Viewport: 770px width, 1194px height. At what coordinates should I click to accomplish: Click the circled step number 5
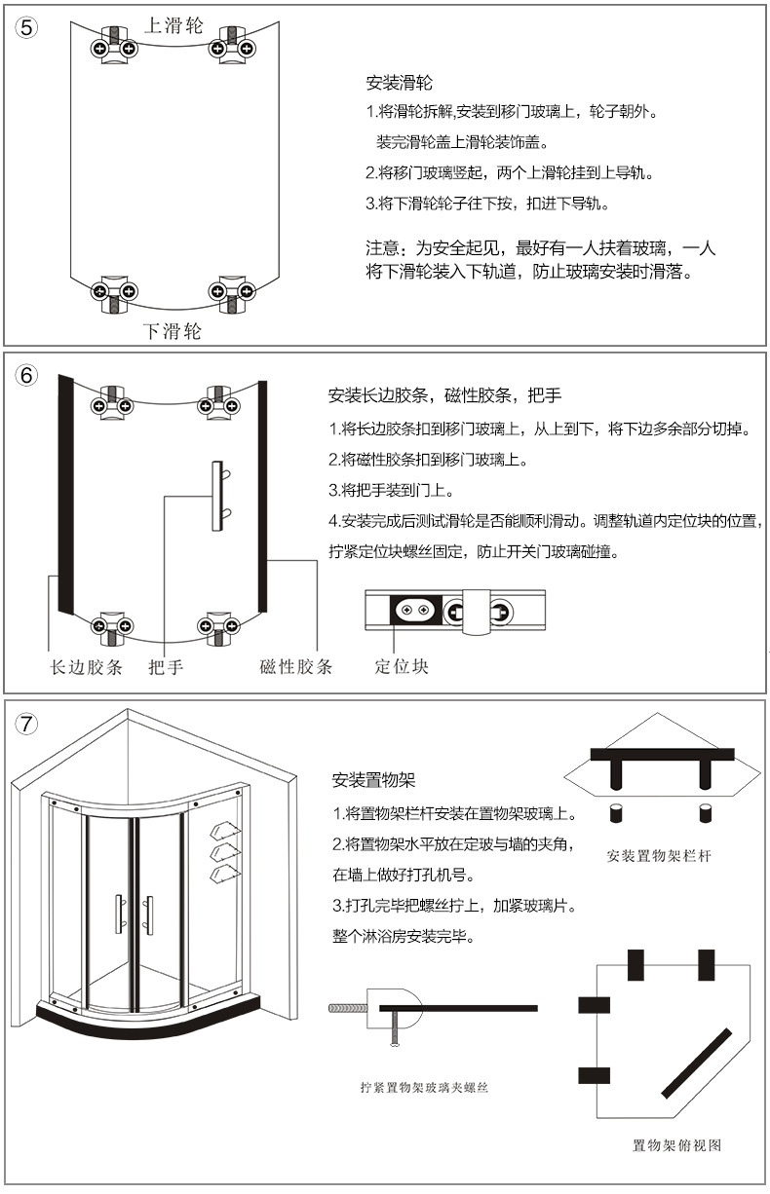click(28, 26)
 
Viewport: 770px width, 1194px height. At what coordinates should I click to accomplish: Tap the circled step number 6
click(28, 374)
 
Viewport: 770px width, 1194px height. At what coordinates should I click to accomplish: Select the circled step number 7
click(28, 724)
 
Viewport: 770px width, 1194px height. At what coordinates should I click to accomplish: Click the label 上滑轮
click(173, 25)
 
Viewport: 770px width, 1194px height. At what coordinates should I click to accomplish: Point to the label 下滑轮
click(173, 330)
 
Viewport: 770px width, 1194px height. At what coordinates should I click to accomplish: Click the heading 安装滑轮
click(400, 83)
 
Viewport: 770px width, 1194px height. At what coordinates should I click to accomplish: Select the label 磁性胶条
click(296, 667)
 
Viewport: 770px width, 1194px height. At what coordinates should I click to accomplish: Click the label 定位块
click(401, 667)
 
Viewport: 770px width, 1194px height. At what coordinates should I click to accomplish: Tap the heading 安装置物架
click(374, 781)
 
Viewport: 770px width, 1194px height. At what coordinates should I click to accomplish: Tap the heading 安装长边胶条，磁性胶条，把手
click(445, 396)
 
